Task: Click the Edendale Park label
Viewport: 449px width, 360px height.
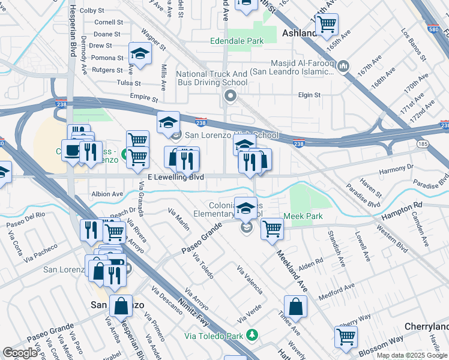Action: (238, 41)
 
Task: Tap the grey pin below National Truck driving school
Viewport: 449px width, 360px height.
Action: (229, 96)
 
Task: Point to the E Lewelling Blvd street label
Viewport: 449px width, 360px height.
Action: (179, 178)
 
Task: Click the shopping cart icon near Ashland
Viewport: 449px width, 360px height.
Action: (327, 25)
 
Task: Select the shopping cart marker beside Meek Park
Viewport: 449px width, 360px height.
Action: (273, 228)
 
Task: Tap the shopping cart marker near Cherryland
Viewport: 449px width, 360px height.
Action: (346, 337)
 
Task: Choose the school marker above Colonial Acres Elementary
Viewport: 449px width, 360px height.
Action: (245, 208)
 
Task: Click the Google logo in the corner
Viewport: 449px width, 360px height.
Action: (20, 353)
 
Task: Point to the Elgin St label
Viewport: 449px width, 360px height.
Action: (310, 95)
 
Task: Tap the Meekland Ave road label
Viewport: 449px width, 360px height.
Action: (292, 271)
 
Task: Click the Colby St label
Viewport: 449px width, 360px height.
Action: (92, 10)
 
